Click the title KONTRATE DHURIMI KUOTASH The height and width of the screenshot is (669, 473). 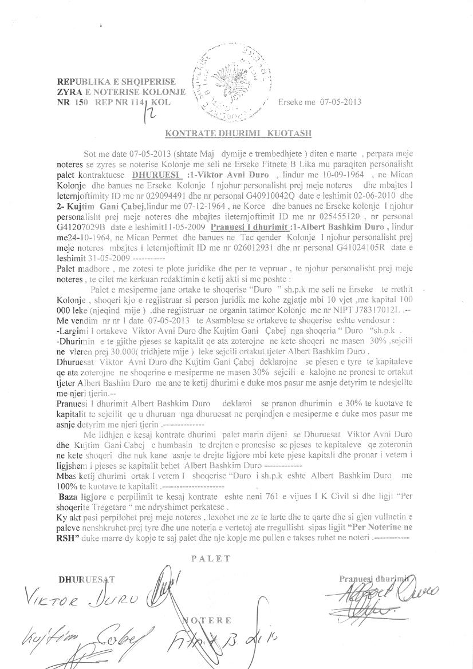pyautogui.click(x=238, y=134)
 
